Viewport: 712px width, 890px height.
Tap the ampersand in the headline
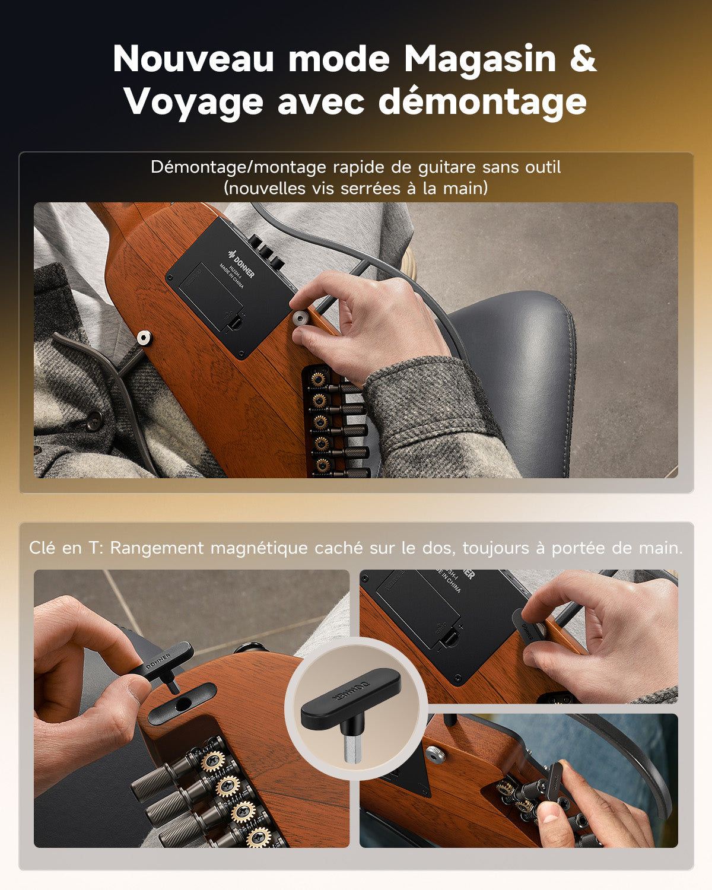click(x=583, y=59)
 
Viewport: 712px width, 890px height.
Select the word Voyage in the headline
click(x=193, y=102)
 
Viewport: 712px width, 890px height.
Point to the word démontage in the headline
click(x=482, y=102)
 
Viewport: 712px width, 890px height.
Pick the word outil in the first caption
click(x=541, y=167)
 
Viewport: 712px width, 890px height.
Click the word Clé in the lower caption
click(x=43, y=548)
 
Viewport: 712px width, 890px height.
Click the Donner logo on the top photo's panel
click(x=241, y=267)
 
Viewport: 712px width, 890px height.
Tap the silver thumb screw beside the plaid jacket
click(x=144, y=338)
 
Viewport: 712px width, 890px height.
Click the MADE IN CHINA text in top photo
click(x=231, y=276)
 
